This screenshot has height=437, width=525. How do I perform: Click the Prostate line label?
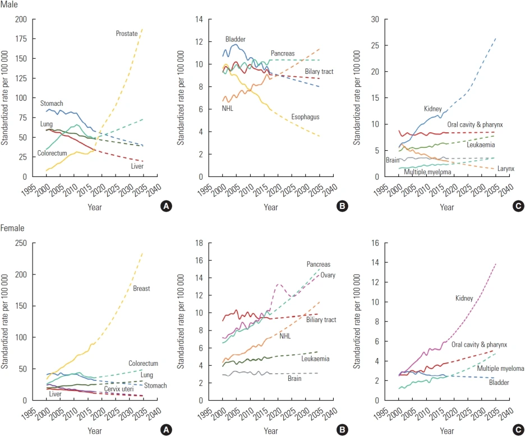pos(127,34)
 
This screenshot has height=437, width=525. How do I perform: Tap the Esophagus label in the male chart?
pos(305,117)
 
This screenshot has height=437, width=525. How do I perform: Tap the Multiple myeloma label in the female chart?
pos(500,369)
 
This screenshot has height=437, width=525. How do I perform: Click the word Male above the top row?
pos(10,5)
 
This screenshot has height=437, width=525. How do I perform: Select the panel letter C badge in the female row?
pos(518,430)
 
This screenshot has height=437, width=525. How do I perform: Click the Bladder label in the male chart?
pos(236,39)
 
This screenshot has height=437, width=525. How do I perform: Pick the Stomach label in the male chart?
pos(51,104)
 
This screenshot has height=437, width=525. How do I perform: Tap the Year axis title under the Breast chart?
pos(95,430)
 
